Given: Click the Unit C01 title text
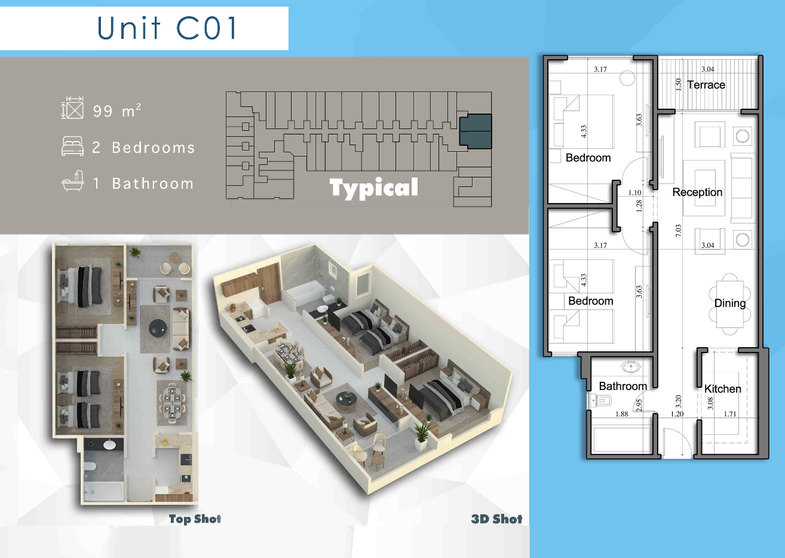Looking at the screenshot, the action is (x=167, y=27).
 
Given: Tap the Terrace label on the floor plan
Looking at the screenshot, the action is (x=706, y=85).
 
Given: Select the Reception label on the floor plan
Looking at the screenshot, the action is (x=697, y=192).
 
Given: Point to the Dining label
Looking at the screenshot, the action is (x=730, y=303).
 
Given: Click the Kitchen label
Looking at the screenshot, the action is (x=723, y=389).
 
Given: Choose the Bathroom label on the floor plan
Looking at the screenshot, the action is (x=623, y=386).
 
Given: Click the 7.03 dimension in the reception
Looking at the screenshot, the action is (x=679, y=230).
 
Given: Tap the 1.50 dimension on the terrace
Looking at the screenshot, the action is (x=678, y=84).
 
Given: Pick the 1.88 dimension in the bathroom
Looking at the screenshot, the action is (x=622, y=414).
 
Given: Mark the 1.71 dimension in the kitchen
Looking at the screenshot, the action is (x=730, y=414).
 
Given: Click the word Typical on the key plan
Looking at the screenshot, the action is (x=373, y=188).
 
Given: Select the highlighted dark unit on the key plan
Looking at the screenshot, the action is (x=476, y=131).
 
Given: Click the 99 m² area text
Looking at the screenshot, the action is (x=117, y=111).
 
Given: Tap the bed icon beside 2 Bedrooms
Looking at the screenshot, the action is (x=72, y=146).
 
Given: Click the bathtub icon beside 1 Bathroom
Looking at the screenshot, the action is (x=73, y=181).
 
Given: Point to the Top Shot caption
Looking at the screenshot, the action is (x=195, y=519).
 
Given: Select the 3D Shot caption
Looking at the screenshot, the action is (x=496, y=519).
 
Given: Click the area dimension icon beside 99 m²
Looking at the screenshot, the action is (x=72, y=108).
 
